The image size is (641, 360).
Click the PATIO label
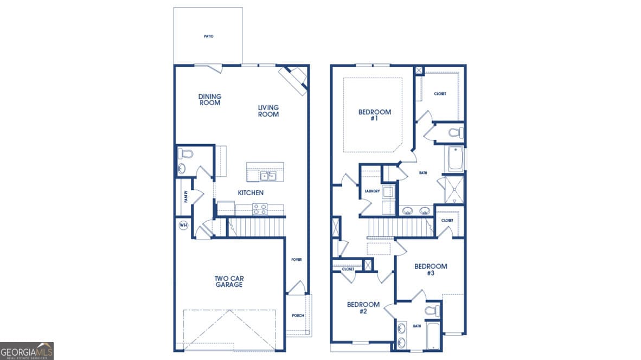click(209, 36)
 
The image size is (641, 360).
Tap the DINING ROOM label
click(209, 100)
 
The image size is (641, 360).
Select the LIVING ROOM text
click(268, 111)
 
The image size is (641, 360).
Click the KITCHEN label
click(251, 193)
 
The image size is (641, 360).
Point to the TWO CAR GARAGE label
click(228, 281)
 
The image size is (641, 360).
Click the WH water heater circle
click(183, 225)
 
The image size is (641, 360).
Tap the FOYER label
click(296, 260)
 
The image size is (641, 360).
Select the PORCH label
click(298, 316)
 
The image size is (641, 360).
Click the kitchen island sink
click(267, 176)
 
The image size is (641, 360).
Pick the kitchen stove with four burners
click(260, 209)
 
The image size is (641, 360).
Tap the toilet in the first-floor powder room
click(185, 153)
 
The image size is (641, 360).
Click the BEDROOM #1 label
click(374, 115)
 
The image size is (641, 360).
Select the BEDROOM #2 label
click(363, 308)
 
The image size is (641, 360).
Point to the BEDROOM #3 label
click(431, 269)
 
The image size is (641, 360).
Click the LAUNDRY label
click(372, 191)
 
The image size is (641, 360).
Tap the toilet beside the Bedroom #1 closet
click(455, 132)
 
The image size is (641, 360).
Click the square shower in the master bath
click(454, 189)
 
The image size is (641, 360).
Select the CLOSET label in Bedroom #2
click(348, 269)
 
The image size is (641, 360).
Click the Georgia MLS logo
click(27, 351)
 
